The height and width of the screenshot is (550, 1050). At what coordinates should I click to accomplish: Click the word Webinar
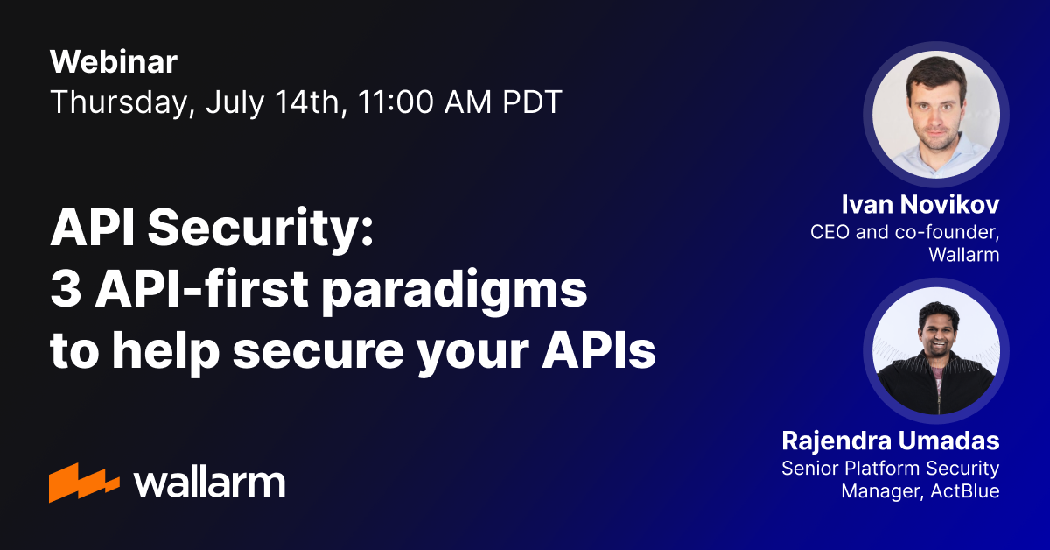[x=114, y=62]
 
